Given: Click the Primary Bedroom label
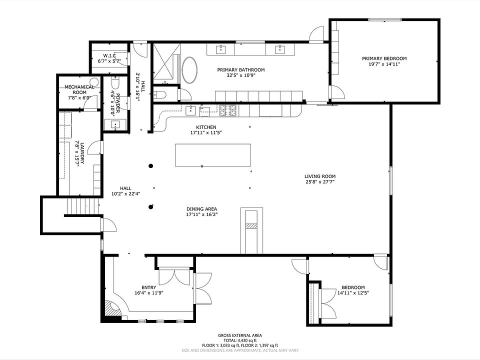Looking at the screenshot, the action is pos(384,58).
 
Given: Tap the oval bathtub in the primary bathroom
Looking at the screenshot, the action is pos(190,70).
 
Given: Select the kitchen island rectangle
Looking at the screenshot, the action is pos(213,155).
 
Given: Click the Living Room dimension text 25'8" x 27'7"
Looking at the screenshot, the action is pos(320,182).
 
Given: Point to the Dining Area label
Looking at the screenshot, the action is pos(201,209).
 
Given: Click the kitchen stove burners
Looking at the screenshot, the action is pos(228,110).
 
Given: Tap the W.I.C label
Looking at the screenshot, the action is pos(109,55).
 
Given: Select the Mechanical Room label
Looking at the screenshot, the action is pos(79,89).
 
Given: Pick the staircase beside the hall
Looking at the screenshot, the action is pos(84,206).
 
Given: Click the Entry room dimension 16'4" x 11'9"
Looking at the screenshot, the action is pos(149,293).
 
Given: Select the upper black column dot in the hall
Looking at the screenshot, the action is pos(150,166).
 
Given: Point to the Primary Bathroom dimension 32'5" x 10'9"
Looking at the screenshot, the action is pos(241,75).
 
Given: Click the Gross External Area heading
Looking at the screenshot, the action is pos(240,335).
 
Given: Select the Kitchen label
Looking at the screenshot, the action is pos(206,127).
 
